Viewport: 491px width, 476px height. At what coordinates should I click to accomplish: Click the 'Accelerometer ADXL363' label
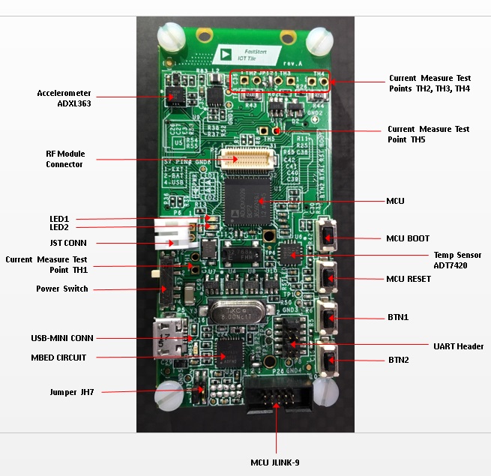[x=64, y=97]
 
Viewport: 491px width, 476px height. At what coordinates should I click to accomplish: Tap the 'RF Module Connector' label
[x=65, y=159]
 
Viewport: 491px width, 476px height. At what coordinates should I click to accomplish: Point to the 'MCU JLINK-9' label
[x=274, y=463]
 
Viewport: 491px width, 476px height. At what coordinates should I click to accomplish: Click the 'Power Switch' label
[x=62, y=289]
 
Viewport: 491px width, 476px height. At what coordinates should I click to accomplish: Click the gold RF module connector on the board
[x=241, y=158]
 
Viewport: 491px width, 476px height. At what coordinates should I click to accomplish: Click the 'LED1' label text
[x=59, y=219]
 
